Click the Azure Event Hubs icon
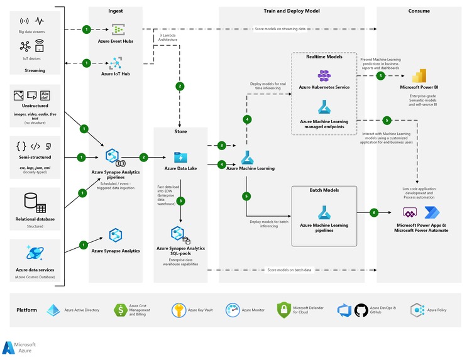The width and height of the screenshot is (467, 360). pos(118,30)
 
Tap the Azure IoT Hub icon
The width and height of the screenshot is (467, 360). pos(116,63)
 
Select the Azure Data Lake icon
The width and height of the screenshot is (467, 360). pos(180,157)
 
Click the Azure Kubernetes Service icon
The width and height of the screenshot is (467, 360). pos(324,75)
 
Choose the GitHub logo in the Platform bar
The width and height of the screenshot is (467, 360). pos(361,310)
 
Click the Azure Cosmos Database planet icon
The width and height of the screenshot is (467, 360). pos(35,253)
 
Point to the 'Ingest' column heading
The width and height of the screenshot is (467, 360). pos(116,11)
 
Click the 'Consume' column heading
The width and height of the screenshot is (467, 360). pos(419,11)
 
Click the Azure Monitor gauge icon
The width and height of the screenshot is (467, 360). pos(233,310)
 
